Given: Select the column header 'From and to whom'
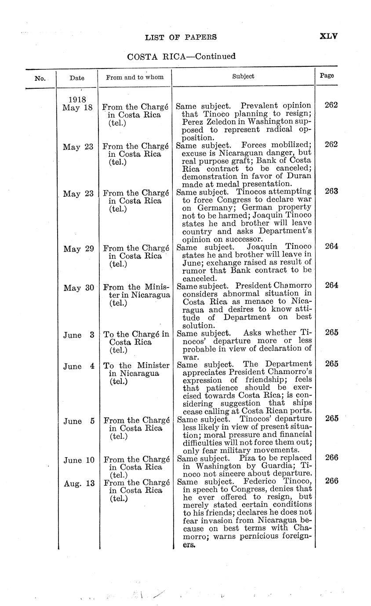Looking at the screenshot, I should pos(135,77).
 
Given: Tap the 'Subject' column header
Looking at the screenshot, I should pos(243,76).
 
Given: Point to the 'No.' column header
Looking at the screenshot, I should pos(40,78).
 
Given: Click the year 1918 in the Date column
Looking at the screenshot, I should pos(77,99).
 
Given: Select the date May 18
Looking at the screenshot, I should pos(78,108).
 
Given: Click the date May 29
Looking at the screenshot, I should pos(78,249).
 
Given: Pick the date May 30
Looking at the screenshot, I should pos(78,288).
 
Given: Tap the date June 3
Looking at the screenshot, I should pos(79,335).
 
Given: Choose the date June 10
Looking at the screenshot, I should pos(79,460).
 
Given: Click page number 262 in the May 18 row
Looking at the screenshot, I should pos(331,105).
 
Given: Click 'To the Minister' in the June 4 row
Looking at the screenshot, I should pos(136,365).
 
